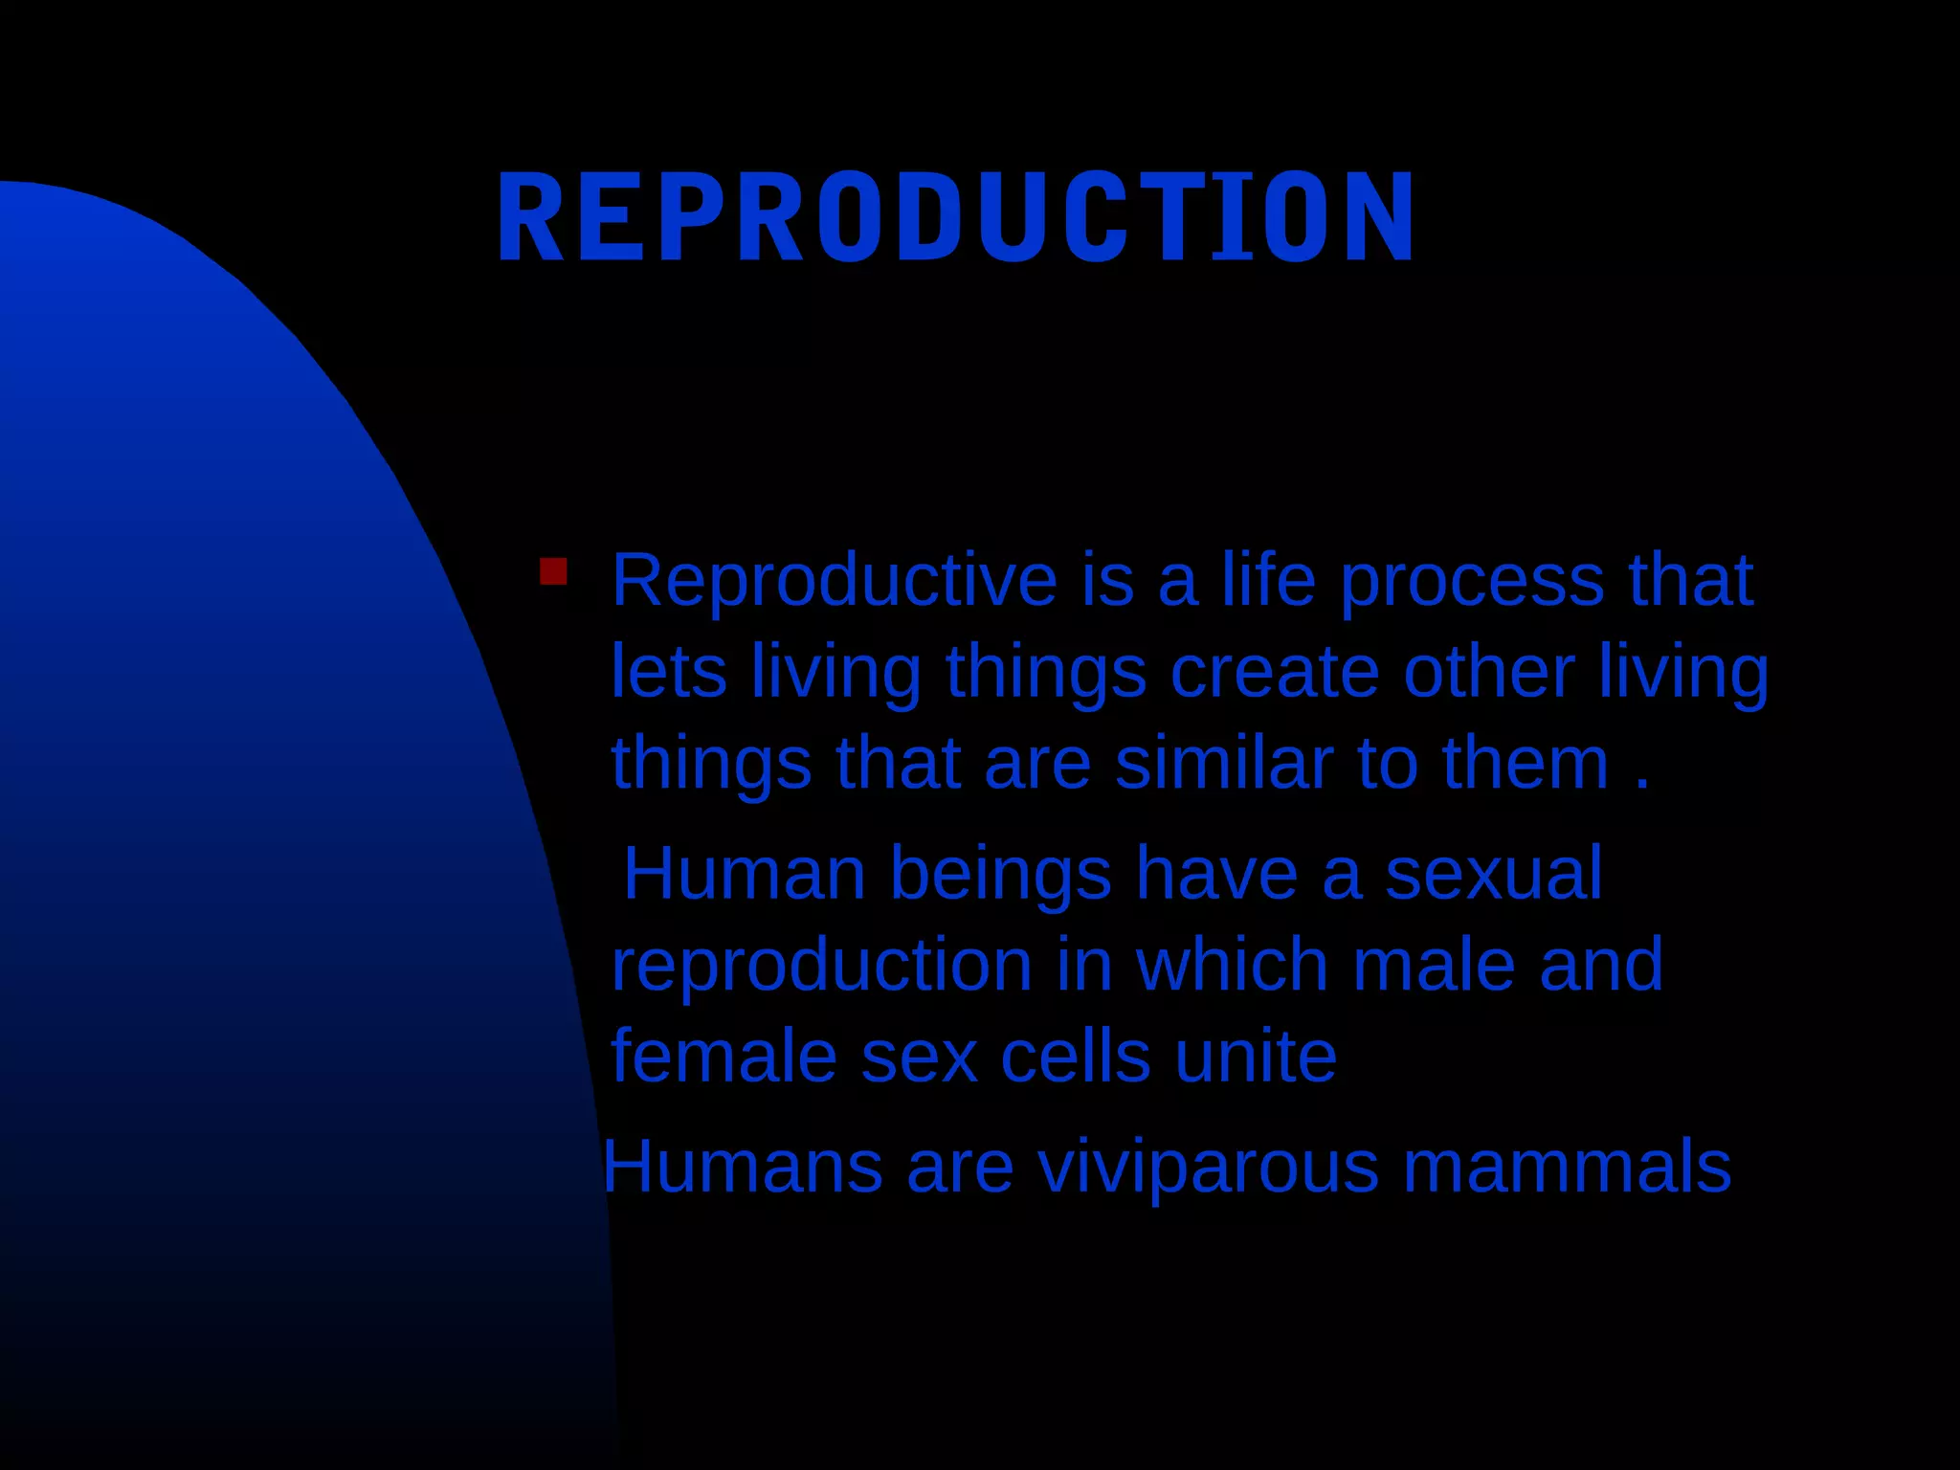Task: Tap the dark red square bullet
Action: tap(553, 572)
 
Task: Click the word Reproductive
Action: tap(834, 580)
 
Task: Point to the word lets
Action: tap(668, 672)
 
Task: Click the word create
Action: tap(1274, 672)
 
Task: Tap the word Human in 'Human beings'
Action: tap(744, 874)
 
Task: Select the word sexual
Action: tap(1493, 874)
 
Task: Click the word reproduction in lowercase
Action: tap(821, 967)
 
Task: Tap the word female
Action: tap(723, 1057)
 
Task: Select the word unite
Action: tap(1255, 1057)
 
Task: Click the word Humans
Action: tap(742, 1167)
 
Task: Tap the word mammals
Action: tap(1567, 1167)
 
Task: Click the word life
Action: tap(1268, 580)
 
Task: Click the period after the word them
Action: tap(1642, 786)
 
